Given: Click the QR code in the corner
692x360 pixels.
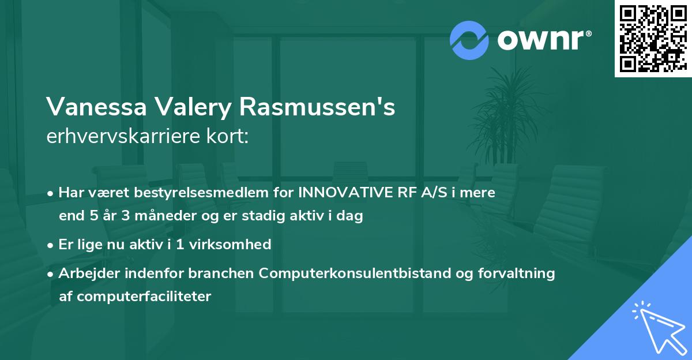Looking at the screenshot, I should point(653,39).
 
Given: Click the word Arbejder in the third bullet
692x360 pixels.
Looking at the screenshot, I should point(84,273).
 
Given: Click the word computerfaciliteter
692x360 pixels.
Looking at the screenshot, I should point(135,297).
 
